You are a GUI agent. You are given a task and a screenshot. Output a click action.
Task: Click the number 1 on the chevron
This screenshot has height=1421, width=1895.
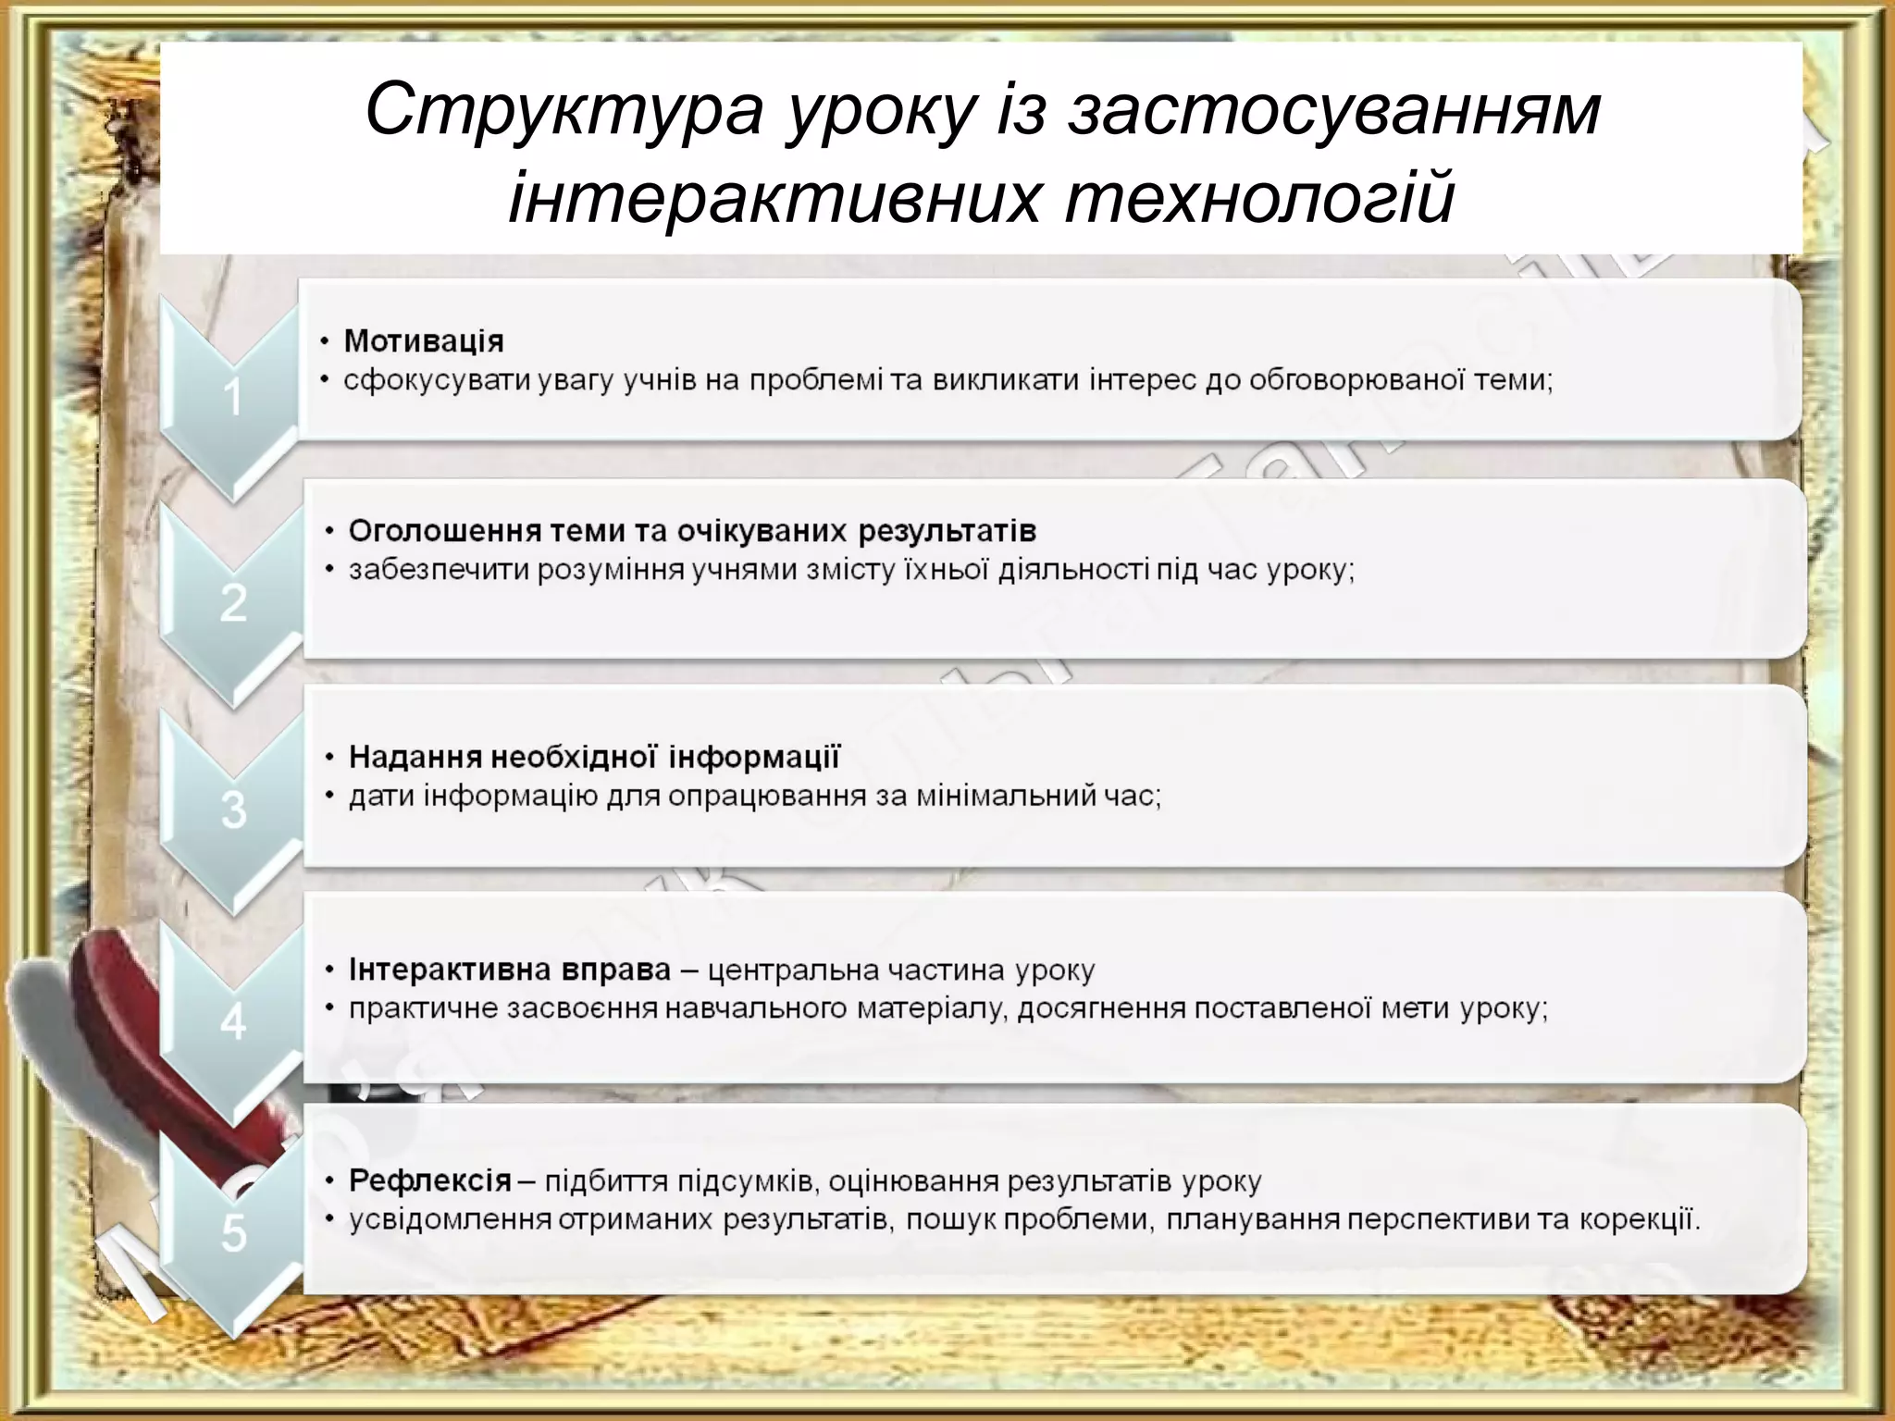[x=232, y=398]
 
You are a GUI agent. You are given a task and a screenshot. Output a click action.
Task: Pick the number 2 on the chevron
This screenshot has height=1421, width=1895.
[x=233, y=603]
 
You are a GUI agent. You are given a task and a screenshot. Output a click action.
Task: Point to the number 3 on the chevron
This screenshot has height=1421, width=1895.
[x=233, y=809]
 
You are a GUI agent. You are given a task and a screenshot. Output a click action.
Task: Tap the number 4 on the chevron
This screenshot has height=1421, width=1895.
[x=233, y=1022]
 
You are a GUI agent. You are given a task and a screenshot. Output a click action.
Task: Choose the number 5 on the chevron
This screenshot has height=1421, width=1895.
[x=233, y=1233]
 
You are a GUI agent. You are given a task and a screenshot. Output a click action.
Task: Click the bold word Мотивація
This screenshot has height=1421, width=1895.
[x=424, y=341]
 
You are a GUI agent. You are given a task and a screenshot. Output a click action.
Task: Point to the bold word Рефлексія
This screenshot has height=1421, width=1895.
[x=430, y=1180]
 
